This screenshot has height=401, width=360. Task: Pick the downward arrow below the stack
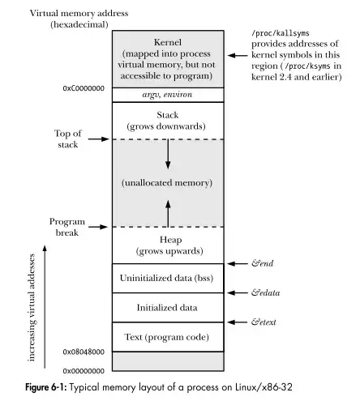point(167,154)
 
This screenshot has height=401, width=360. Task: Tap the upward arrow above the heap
point(167,214)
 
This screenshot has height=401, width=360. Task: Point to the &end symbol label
point(262,263)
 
